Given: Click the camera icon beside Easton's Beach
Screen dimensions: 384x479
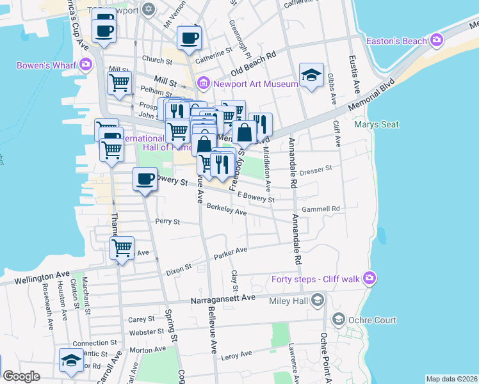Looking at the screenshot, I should (x=437, y=41).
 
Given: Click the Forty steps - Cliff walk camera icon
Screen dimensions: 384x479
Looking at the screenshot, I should (x=369, y=278).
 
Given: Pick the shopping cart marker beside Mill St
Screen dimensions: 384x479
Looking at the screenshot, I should (x=120, y=83).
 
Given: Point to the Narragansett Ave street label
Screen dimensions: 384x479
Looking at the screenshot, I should (x=223, y=298).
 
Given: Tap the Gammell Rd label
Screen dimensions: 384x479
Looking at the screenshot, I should (x=320, y=209).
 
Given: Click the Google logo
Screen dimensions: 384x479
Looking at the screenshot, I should (x=21, y=376).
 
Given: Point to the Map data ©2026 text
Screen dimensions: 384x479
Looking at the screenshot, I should (x=451, y=378).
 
